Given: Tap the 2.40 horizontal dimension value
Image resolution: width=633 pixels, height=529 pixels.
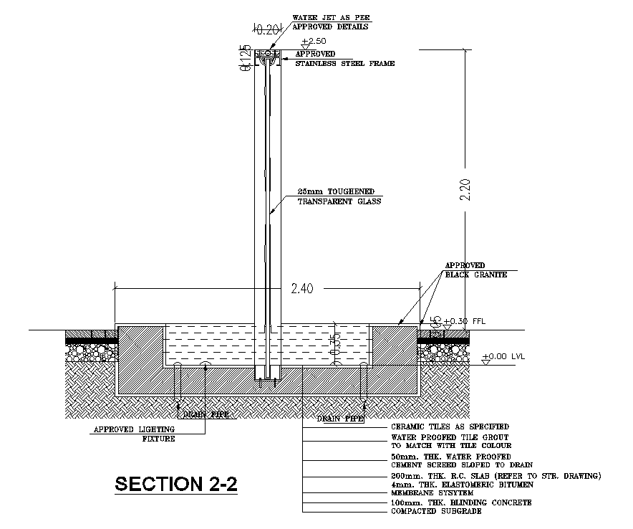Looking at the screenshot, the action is pyautogui.click(x=302, y=290).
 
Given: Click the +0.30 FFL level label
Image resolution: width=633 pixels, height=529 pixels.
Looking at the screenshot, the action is pyautogui.click(x=464, y=321).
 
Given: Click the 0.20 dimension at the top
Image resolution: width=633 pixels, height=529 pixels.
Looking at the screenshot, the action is pyautogui.click(x=267, y=29).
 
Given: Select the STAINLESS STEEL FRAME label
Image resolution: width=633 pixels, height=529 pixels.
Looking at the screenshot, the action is pyautogui.click(x=345, y=64).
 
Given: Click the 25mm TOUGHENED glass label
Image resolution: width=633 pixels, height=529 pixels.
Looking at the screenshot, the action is pyautogui.click(x=336, y=192).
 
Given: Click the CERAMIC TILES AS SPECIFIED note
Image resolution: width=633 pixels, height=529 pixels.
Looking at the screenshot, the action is pyautogui.click(x=450, y=426).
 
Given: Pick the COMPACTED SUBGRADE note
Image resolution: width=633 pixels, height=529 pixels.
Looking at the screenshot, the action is pyautogui.click(x=435, y=512).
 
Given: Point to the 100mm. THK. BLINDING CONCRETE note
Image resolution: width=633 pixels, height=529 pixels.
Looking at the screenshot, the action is pyautogui.click(x=461, y=503).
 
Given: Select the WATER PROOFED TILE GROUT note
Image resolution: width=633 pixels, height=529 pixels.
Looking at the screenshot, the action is pyautogui.click(x=450, y=437).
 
